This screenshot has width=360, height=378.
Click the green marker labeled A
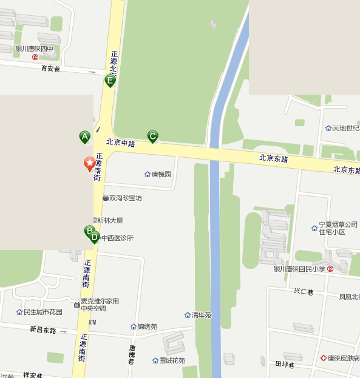click(x=84, y=137)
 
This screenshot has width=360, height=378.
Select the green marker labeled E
click(x=110, y=80)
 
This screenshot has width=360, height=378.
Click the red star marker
click(x=89, y=163)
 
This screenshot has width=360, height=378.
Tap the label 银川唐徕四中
click(x=35, y=50)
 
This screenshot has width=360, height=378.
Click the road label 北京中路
click(x=120, y=143)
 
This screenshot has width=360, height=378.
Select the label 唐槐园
click(x=161, y=174)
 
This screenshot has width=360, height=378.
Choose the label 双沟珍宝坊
click(x=125, y=198)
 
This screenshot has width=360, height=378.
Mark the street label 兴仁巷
click(x=303, y=292)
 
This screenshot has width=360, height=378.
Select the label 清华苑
click(x=201, y=315)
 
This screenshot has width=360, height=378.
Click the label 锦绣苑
click(x=147, y=326)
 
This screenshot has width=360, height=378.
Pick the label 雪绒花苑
click(x=172, y=360)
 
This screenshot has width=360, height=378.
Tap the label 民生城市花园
click(x=42, y=312)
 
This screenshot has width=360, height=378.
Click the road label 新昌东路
click(x=42, y=330)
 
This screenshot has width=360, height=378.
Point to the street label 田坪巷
click(x=284, y=365)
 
